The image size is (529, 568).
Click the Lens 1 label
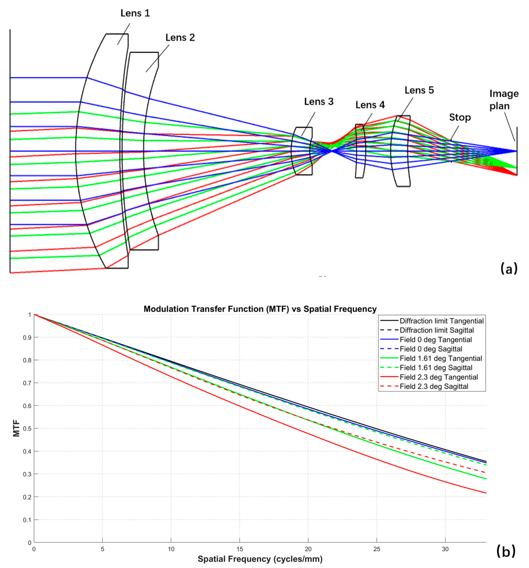[x=135, y=13]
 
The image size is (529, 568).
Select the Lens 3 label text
[x=318, y=102]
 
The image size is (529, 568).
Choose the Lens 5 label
[x=419, y=90]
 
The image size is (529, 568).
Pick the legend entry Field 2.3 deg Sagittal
[x=434, y=386]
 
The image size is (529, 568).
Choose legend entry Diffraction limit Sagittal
[x=437, y=330]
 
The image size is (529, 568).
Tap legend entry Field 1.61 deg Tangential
[x=441, y=358]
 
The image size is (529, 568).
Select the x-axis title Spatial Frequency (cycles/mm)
[x=260, y=559]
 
